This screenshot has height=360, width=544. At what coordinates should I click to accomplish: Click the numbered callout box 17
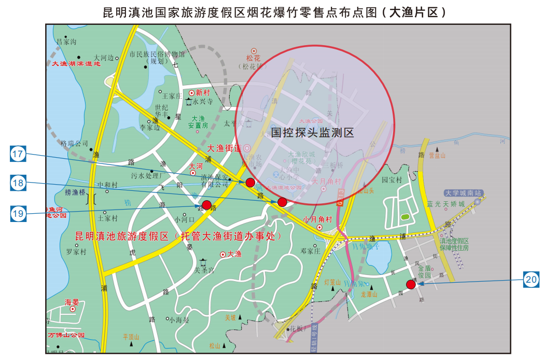[18, 154]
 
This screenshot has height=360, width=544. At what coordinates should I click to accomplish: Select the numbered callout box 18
[18, 183]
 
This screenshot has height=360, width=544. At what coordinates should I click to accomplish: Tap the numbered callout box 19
[18, 213]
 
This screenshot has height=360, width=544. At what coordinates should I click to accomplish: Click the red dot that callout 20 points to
[411, 284]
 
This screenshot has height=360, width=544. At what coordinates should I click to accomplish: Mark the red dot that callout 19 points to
[206, 205]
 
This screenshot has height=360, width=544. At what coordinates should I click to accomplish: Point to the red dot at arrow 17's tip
[250, 182]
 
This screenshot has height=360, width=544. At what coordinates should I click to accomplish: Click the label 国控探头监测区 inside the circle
[312, 133]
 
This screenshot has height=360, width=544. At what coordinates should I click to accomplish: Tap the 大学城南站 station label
[463, 192]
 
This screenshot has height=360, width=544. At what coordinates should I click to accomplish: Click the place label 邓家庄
[311, 251]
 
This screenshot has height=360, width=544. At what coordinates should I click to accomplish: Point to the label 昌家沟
[66, 41]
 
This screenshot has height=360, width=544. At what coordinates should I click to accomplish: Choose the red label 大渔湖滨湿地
[76, 64]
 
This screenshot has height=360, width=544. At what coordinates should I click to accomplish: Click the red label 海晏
[72, 302]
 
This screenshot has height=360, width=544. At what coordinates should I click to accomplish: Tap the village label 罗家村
[76, 252]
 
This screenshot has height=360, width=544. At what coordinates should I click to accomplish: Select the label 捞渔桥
[75, 192]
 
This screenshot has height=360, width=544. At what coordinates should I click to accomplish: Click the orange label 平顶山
[131, 337]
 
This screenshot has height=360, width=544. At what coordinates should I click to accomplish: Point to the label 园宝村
[392, 180]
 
